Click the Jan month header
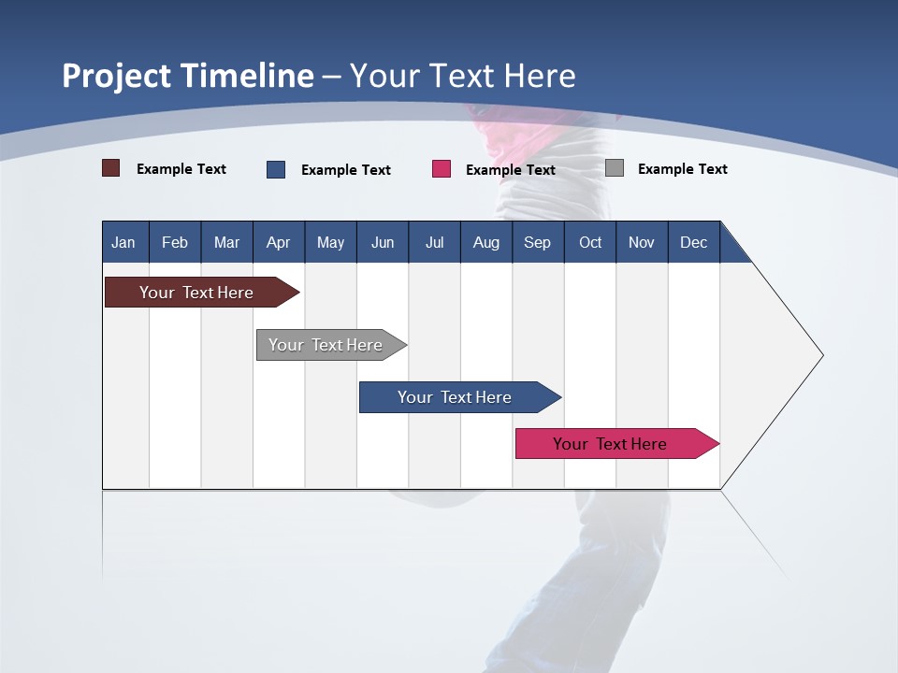tap(123, 242)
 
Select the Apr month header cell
tap(278, 242)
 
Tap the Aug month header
tap(485, 242)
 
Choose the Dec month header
tap(693, 242)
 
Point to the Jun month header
tap(382, 242)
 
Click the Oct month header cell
tap(589, 242)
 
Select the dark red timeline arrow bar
tap(196, 293)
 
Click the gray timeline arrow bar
tap(326, 345)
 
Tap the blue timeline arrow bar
tap(455, 397)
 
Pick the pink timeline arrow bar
tap(610, 444)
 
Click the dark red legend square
tap(110, 168)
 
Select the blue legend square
tap(275, 169)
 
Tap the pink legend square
tap(441, 169)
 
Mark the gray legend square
tap(614, 168)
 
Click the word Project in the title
tap(116, 76)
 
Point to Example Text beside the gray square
tap(682, 169)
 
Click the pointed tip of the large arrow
tap(820, 355)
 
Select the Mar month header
tap(226, 242)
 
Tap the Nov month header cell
tap(641, 242)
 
